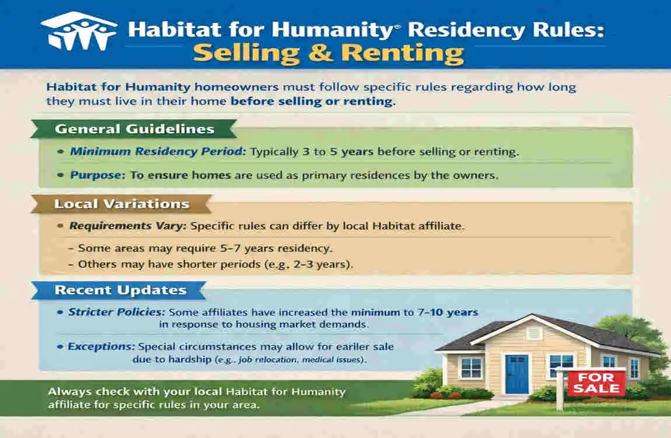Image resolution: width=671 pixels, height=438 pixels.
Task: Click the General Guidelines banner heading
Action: click(x=134, y=130)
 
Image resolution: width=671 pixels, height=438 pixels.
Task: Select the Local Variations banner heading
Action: click(x=121, y=204)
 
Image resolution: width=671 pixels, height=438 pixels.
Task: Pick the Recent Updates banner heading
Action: click(x=120, y=290)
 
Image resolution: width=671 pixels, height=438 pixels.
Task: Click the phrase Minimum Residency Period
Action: click(x=158, y=152)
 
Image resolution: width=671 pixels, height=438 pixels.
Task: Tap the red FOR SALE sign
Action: click(x=596, y=383)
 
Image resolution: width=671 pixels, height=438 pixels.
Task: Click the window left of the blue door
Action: click(x=470, y=367)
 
